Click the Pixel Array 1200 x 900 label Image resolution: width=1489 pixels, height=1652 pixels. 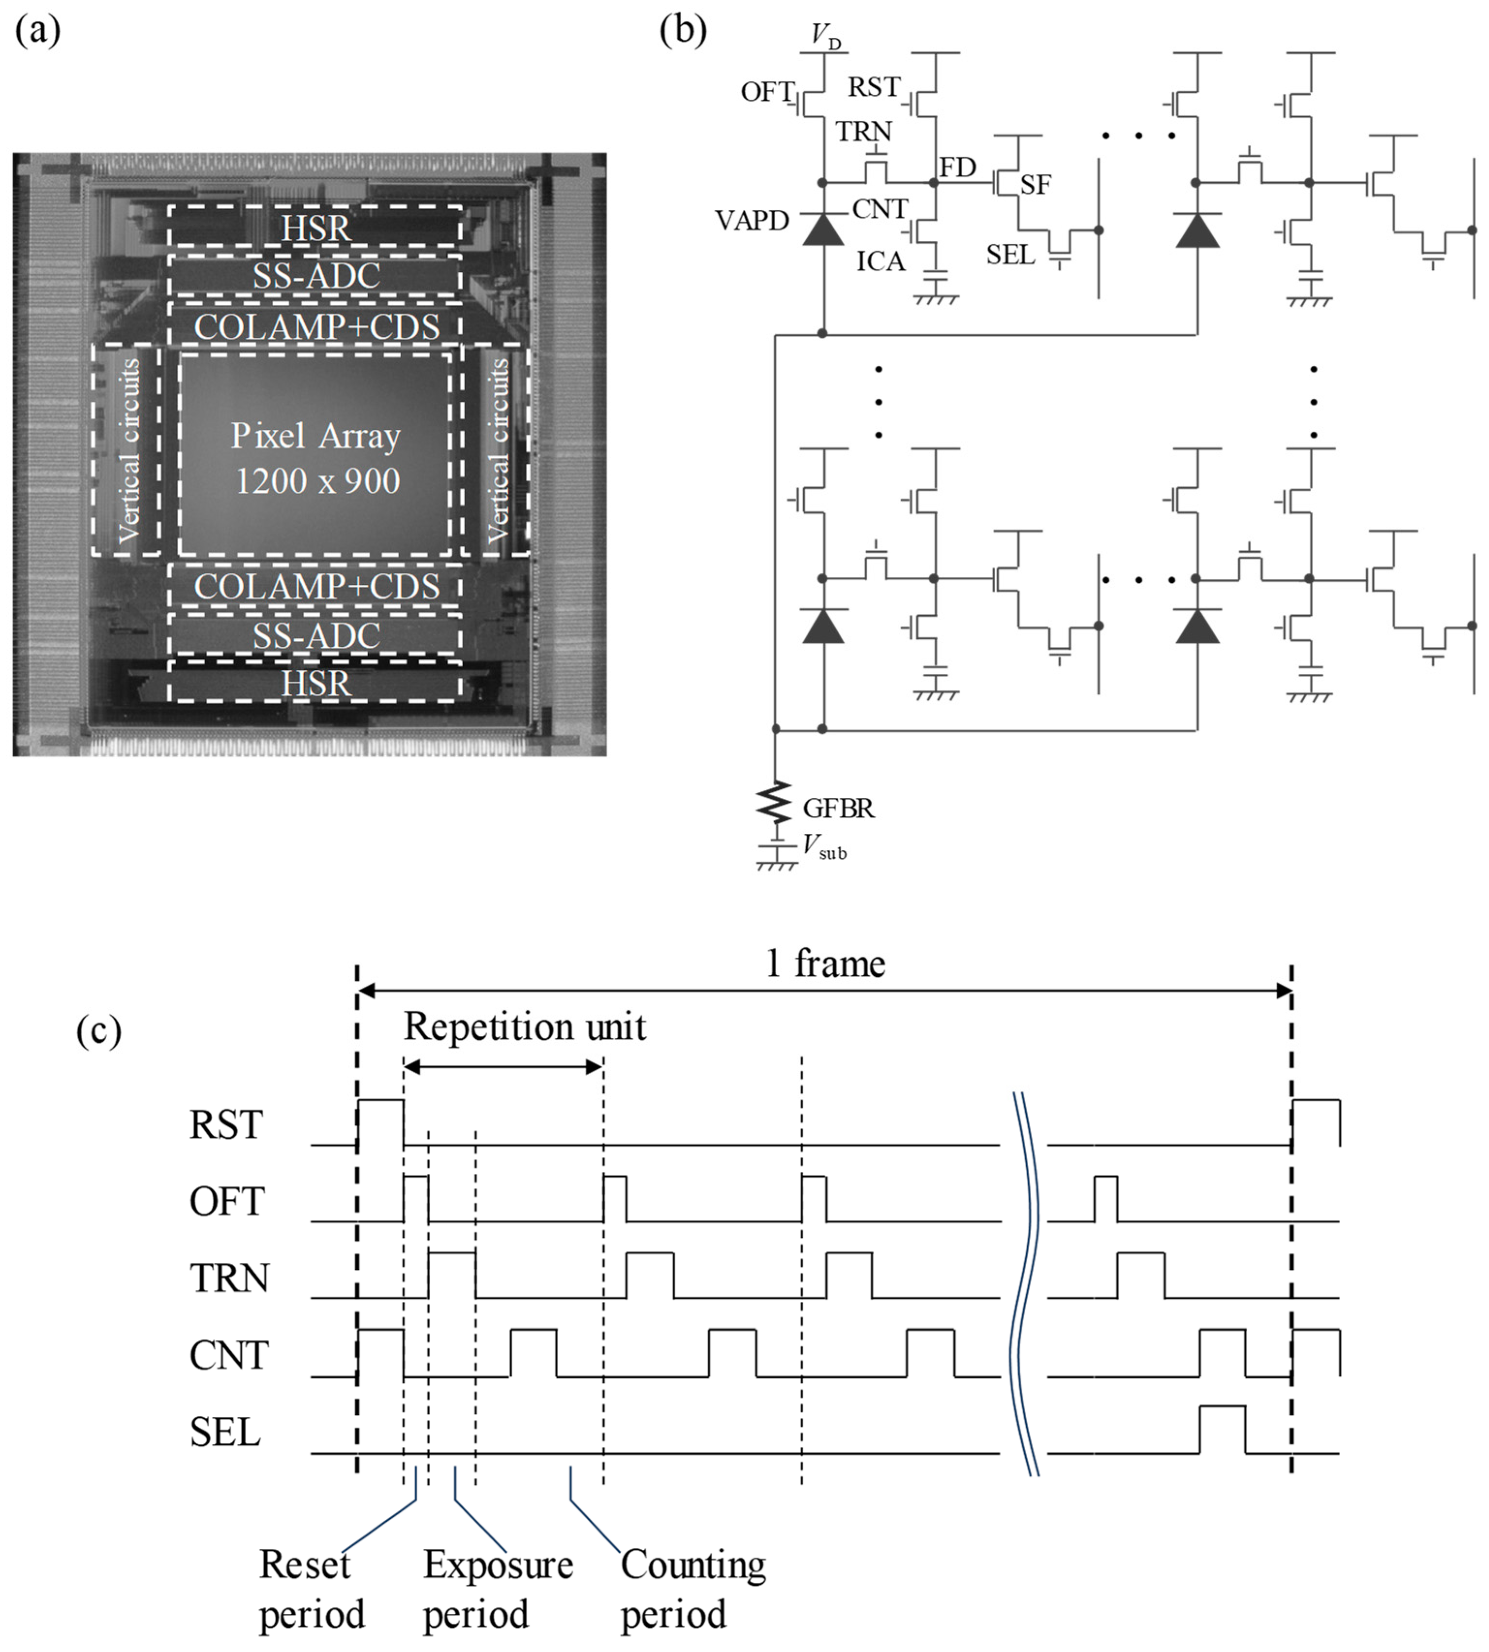[316, 458]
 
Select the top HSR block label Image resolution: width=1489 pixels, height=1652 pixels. [316, 227]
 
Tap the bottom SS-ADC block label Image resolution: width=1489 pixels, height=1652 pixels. [316, 636]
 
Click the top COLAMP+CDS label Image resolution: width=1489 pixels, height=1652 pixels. [316, 327]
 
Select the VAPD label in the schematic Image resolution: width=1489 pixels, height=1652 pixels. [751, 221]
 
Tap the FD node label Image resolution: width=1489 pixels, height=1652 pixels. [957, 168]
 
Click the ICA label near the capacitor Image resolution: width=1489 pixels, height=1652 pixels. [880, 262]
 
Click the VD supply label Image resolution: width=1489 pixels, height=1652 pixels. [825, 36]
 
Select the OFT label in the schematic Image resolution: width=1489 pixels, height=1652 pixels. [767, 92]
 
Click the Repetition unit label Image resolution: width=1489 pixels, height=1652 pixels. [524, 1027]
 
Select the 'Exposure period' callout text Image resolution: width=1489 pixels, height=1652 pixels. [498, 1588]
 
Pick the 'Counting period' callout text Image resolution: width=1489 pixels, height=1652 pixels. [692, 1588]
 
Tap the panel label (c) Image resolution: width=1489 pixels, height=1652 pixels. [98, 1030]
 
